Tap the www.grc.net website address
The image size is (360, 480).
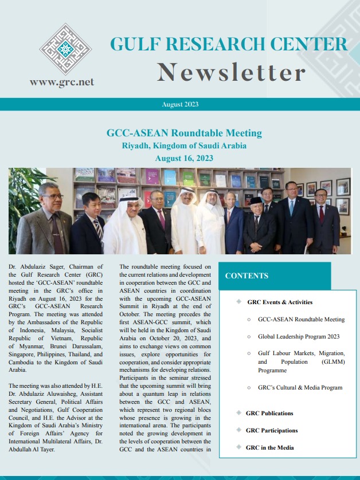[61, 82]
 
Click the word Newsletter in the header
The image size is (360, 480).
[231, 72]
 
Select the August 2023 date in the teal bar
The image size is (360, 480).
[180, 104]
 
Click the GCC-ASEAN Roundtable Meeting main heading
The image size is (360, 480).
[184, 133]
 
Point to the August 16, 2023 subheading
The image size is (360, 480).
[184, 157]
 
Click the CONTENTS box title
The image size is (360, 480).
[246, 276]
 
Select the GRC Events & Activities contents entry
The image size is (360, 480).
[280, 302]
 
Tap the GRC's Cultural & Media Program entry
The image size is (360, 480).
[300, 388]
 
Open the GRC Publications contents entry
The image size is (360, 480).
[269, 413]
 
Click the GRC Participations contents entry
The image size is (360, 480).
[272, 430]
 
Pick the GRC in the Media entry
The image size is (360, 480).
[269, 447]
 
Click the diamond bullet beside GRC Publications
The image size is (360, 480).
[238, 412]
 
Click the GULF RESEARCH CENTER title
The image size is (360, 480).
[228, 45]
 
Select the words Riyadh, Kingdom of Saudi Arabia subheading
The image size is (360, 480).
[184, 145]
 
